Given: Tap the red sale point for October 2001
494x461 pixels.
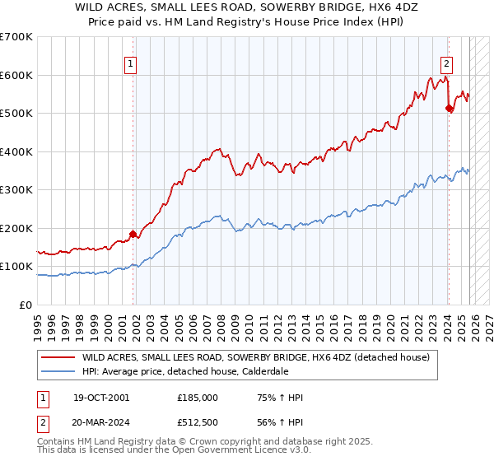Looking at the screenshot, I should pyautogui.click(x=133, y=234).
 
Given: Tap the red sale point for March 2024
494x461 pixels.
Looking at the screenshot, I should pyautogui.click(x=449, y=107).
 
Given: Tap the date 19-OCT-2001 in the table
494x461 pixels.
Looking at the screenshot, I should pyautogui.click(x=100, y=398).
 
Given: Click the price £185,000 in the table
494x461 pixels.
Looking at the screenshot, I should pyautogui.click(x=197, y=398).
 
